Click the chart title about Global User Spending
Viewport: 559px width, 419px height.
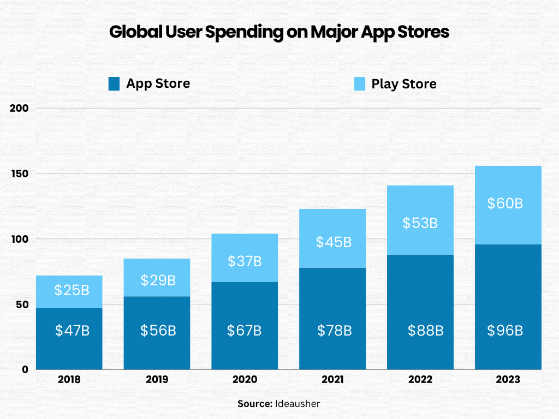point(279,32)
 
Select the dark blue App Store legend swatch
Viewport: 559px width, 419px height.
point(114,83)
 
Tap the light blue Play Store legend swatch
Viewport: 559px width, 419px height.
point(359,83)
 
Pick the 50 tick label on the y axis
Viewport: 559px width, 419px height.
point(21,304)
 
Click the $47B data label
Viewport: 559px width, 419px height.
point(72,331)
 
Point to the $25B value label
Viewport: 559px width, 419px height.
point(72,290)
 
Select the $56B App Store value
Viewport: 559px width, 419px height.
point(158,331)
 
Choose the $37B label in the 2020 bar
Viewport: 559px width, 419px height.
point(245,261)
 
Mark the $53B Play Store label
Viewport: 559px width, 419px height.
point(420,223)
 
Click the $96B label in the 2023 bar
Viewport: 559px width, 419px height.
point(506,331)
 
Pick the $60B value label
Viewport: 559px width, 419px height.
point(506,203)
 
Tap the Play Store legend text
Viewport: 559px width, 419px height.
point(404,84)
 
